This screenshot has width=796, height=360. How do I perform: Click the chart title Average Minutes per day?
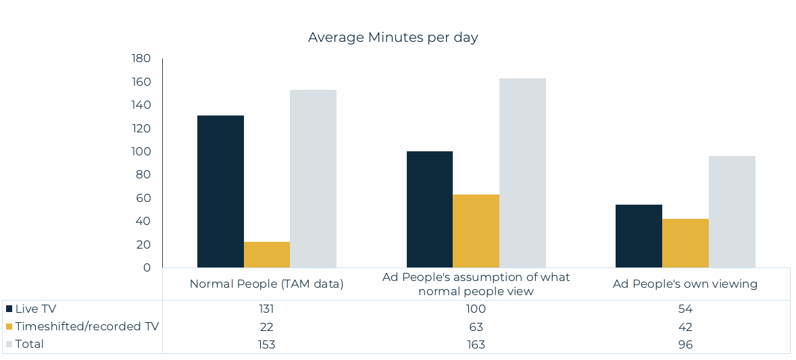pos(393,37)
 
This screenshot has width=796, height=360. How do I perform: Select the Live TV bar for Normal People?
pos(220,191)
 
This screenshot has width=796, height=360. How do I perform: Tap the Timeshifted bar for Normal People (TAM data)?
pos(267,255)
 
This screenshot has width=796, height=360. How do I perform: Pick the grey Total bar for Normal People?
pos(313,178)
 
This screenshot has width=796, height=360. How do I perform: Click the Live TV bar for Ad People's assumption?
pos(430,209)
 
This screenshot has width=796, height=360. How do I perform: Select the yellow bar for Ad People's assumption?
pos(476,231)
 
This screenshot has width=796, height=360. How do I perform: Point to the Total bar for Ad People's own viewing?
pos(732,211)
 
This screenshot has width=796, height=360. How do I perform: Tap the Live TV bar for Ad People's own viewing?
pos(639,236)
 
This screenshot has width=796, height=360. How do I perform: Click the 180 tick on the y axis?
pos(141,59)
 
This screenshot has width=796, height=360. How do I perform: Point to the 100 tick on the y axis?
pos(141,151)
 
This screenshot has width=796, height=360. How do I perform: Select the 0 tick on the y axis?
pos(147,267)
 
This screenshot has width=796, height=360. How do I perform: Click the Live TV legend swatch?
pos(9,309)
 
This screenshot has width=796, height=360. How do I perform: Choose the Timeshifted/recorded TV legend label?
pos(86,326)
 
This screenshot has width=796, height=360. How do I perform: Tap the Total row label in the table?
pos(29,344)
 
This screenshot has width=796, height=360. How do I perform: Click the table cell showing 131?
pos(267,309)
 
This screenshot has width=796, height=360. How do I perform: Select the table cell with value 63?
pos(476,326)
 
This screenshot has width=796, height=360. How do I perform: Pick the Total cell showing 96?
pos(685,344)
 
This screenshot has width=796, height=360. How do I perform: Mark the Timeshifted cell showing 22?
pos(267,326)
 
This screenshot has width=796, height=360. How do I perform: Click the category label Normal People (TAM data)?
pos(267,284)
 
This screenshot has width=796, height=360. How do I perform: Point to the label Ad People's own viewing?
pos(685,284)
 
